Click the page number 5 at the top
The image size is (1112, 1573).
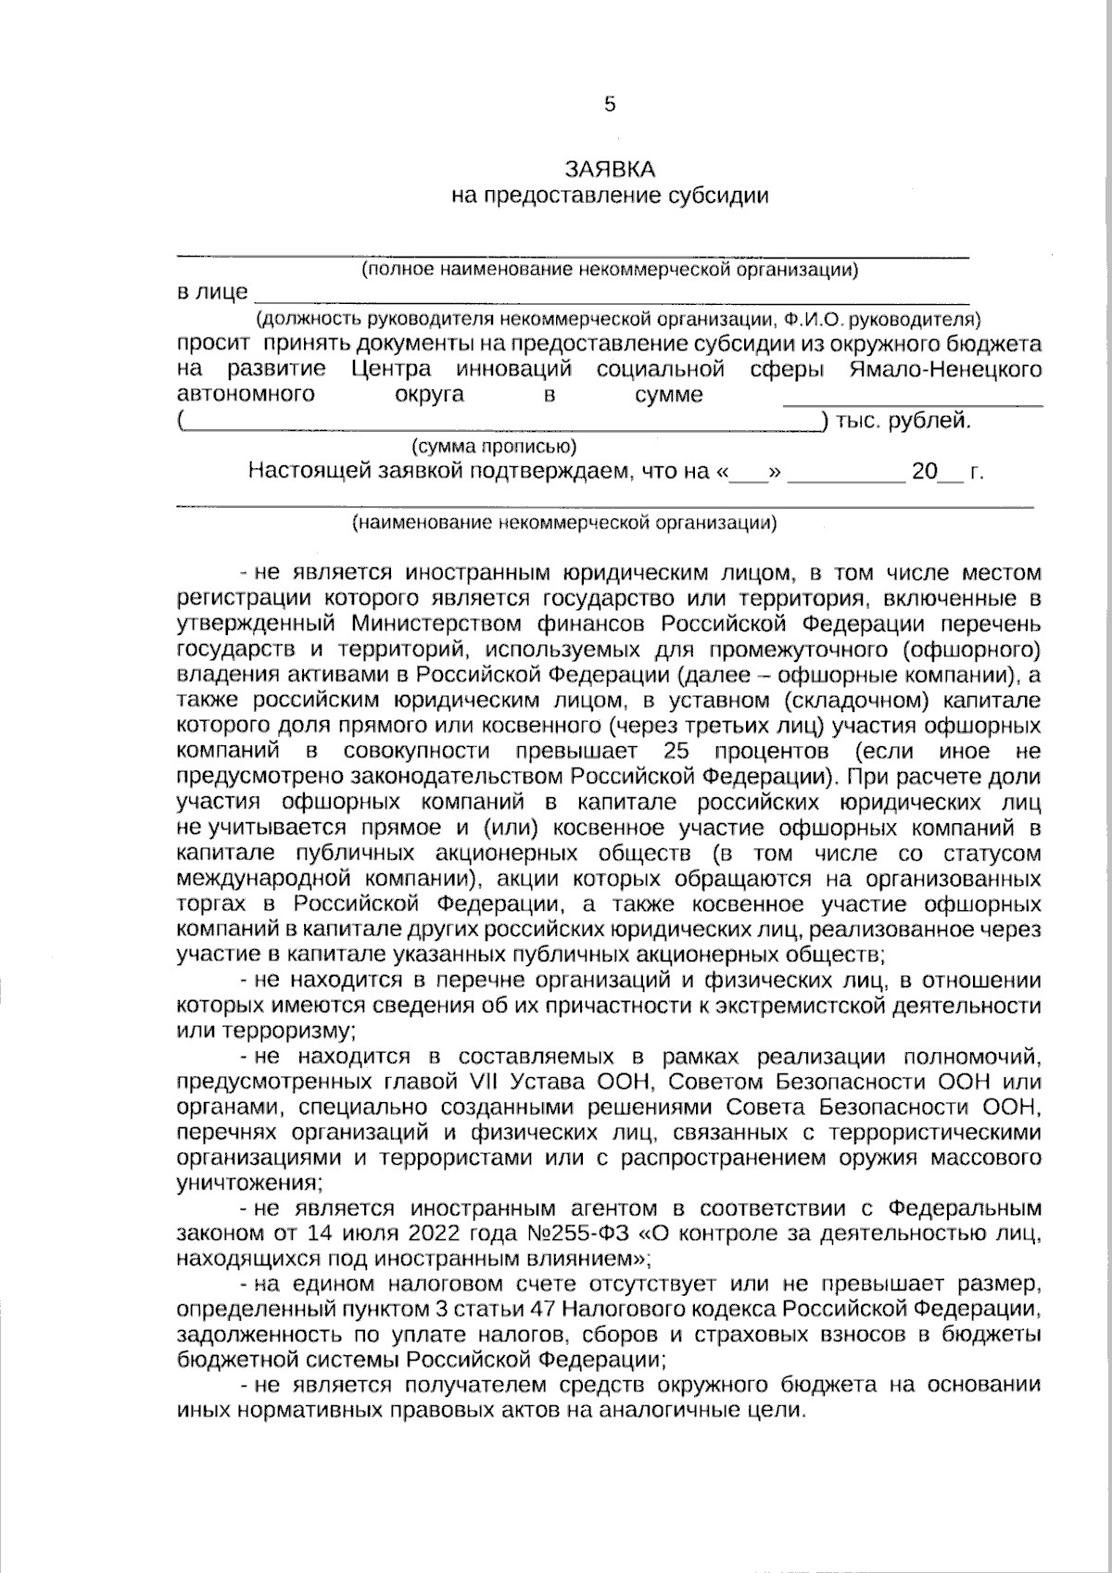coord(609,105)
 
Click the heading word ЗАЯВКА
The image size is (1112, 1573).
coord(610,169)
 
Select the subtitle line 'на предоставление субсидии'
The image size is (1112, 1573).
coord(610,196)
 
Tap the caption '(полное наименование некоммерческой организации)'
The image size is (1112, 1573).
coord(609,271)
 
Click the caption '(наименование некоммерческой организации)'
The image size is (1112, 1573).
coord(564,523)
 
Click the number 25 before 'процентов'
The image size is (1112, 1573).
coord(676,750)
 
